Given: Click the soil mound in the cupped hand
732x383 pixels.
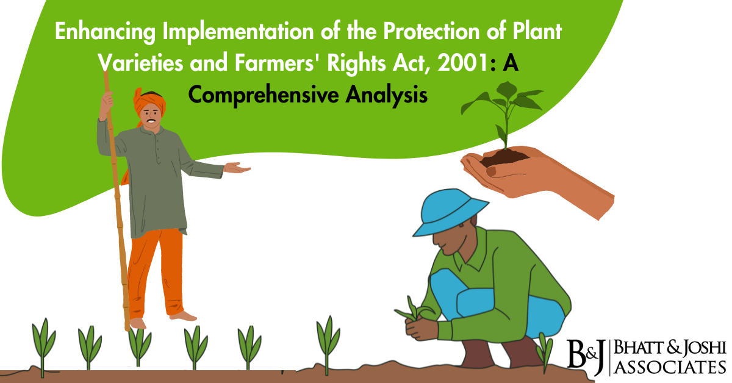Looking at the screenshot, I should (504, 157).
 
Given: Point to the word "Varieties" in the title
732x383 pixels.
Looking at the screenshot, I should (138, 63).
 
